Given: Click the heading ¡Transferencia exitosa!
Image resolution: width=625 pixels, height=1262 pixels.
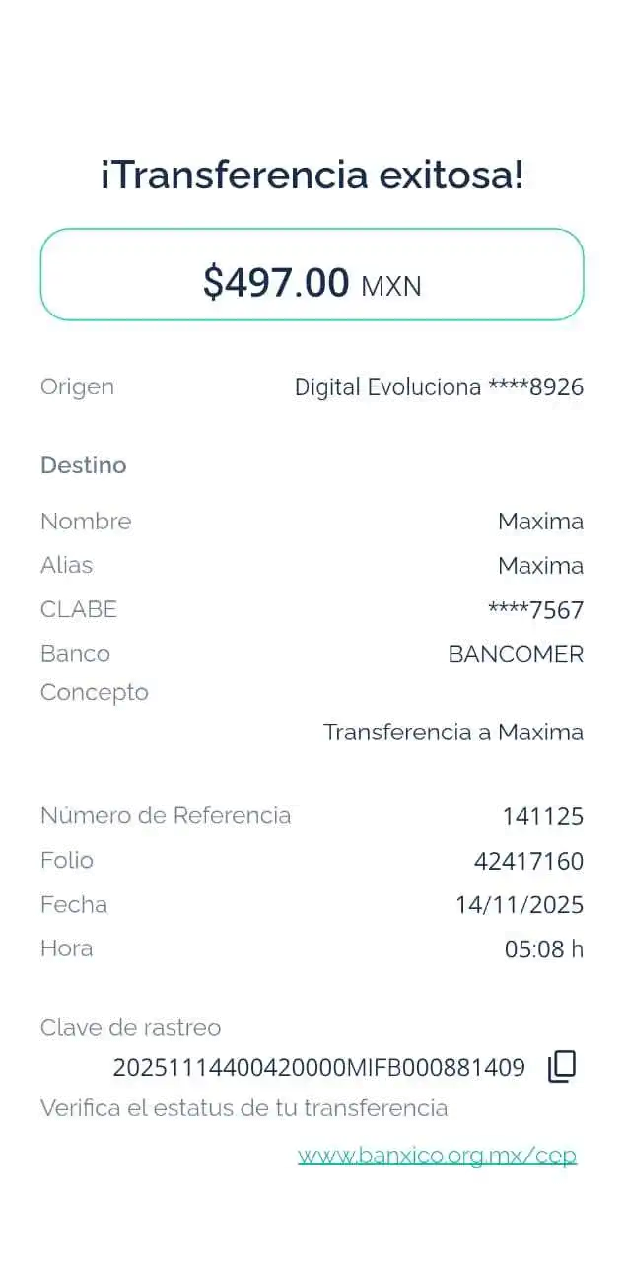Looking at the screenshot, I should tap(312, 176).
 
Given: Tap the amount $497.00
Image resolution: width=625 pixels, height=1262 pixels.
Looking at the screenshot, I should tap(276, 283).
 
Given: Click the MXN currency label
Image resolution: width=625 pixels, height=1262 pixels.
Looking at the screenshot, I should tap(391, 286).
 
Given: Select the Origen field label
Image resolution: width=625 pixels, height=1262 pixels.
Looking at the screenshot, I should tap(78, 386).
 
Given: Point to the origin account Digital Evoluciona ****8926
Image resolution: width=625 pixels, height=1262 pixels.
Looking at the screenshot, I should tap(439, 387).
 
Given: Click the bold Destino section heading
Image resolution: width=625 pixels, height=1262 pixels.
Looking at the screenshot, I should tap(84, 465).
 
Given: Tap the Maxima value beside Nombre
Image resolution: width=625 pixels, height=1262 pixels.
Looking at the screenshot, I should tap(540, 521).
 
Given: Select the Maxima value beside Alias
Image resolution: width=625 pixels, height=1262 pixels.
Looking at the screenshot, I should tap(540, 565).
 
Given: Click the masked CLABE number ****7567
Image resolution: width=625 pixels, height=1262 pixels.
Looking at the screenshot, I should tap(536, 610).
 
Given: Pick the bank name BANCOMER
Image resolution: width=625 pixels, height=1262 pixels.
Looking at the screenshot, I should tap(516, 654).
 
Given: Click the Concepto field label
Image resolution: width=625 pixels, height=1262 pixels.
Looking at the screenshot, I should tap(94, 692).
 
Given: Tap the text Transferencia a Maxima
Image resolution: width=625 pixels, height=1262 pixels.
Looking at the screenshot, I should tap(453, 733).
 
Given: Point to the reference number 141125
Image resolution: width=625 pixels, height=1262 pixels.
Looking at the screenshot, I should tap(542, 816).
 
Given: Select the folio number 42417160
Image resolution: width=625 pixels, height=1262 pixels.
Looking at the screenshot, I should tap(529, 861).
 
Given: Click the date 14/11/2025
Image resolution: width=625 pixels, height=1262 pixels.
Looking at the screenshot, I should tap(521, 905).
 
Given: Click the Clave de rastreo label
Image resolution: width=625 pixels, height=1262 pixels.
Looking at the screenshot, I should tap(130, 1028).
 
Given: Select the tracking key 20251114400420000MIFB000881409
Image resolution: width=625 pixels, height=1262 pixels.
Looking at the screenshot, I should tap(318, 1067).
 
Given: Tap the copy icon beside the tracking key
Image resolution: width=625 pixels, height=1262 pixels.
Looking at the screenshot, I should tap(562, 1066).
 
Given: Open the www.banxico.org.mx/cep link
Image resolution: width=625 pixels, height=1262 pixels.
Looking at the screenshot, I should tap(437, 1156).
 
